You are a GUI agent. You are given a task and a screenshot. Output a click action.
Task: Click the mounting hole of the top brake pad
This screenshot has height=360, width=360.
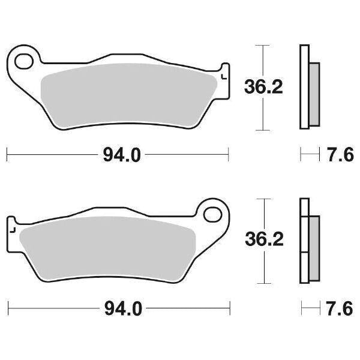click(x=25, y=61)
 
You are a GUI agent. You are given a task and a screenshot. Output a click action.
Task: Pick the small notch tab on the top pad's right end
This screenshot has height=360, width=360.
click(x=224, y=76)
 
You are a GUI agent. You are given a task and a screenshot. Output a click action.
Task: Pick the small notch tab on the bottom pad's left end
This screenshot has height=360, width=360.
click(x=11, y=229)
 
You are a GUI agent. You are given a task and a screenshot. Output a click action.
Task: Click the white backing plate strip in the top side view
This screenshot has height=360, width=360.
click(x=304, y=87)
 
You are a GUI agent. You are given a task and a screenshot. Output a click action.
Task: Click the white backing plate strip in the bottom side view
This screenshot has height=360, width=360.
click(x=304, y=241)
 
